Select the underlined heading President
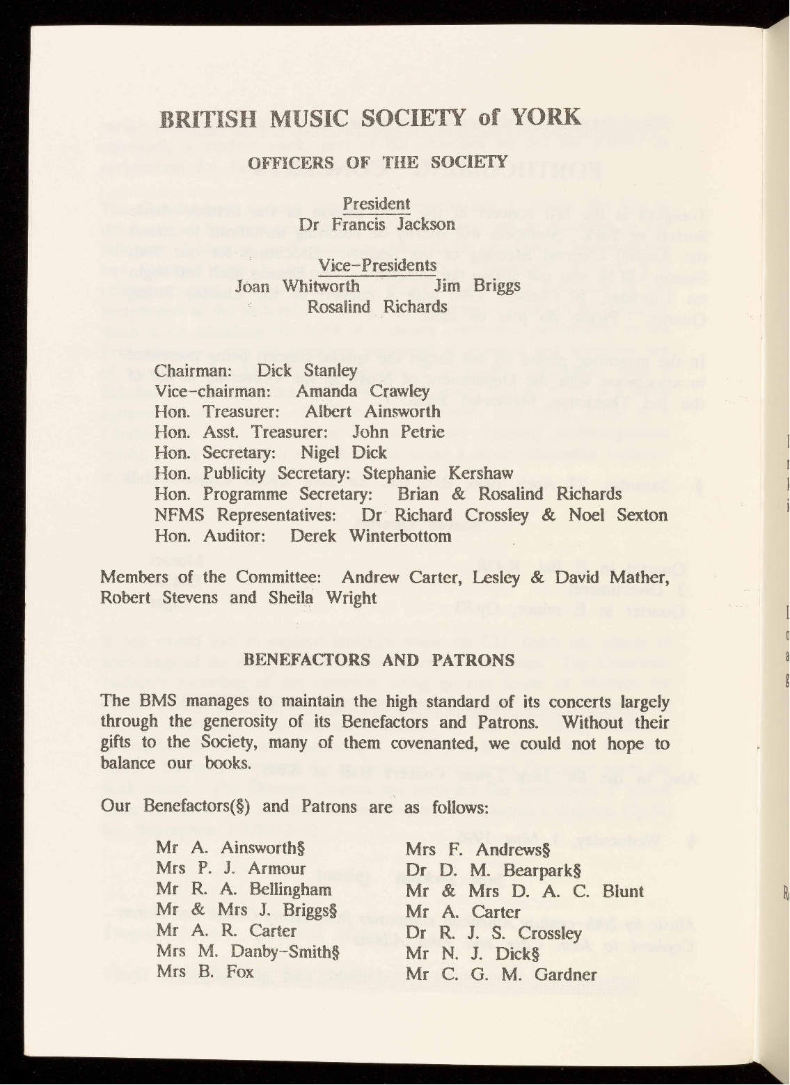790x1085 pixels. click(377, 204)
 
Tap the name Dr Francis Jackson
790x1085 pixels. click(377, 225)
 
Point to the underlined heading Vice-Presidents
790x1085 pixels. click(377, 265)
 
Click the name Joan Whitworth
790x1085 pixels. click(298, 286)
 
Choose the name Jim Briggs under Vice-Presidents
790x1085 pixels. click(477, 286)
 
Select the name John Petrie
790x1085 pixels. click(398, 431)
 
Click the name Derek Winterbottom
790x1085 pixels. click(370, 536)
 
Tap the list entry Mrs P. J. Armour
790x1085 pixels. click(231, 869)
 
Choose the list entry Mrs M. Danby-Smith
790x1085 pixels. click(247, 951)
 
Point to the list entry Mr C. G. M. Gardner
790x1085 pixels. click(501, 974)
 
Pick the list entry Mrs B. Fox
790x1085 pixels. click(205, 972)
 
